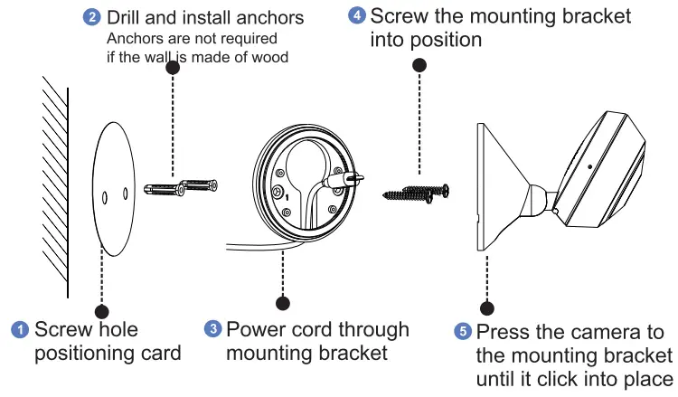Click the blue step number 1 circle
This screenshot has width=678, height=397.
[x=20, y=329]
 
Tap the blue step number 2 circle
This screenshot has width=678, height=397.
[x=92, y=17]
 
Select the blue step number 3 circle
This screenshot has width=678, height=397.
[x=213, y=329]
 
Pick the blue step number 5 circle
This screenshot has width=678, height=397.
[x=463, y=331]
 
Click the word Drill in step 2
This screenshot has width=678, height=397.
[x=125, y=18]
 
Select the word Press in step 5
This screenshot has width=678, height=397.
[x=503, y=332]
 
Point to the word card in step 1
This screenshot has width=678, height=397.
[x=159, y=353]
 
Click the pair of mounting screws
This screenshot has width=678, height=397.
[x=413, y=192]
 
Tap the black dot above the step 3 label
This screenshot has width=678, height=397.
[x=284, y=303]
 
